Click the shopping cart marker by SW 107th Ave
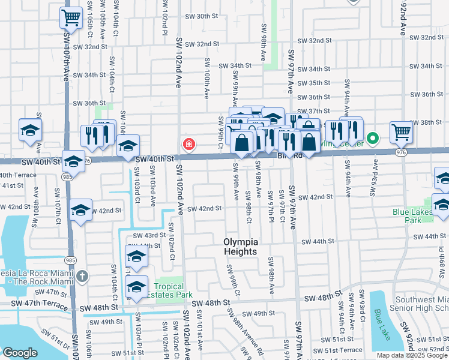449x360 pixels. point(71,18)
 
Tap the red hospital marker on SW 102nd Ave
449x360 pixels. point(188,144)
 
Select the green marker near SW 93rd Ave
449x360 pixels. point(372,139)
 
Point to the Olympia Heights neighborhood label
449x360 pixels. point(241,247)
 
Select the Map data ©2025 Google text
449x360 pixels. point(412,355)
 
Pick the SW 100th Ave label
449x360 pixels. point(206,78)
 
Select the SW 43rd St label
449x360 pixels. point(149,235)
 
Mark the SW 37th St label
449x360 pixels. point(318,111)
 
